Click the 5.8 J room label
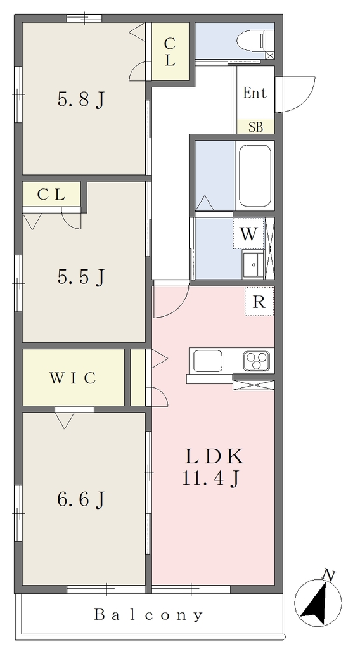(x=80, y=100)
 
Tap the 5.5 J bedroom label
(x=80, y=277)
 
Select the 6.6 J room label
(x=80, y=499)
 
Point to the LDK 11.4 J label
(x=213, y=467)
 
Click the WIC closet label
(x=73, y=378)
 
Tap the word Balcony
(x=148, y=615)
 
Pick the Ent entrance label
(x=255, y=93)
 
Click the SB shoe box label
(x=255, y=127)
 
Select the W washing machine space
(x=248, y=234)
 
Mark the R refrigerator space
(x=259, y=302)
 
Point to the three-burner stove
(x=257, y=361)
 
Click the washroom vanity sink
(x=253, y=264)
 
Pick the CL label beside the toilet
(x=169, y=52)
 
